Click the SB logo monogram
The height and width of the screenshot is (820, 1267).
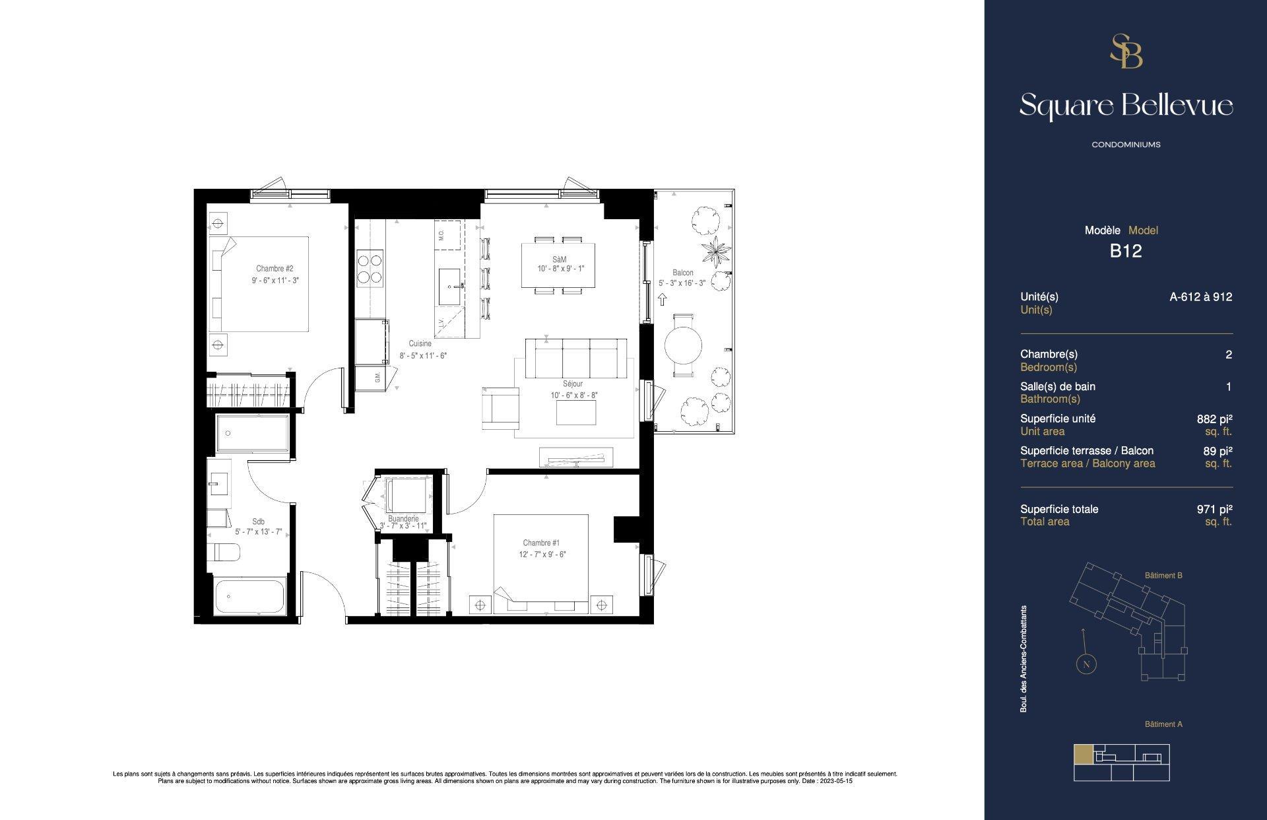click(1126, 51)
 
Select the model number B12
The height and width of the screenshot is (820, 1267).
click(1126, 251)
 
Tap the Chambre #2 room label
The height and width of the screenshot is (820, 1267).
click(275, 269)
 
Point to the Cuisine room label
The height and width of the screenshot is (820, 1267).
click(420, 343)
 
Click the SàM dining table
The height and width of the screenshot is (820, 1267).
click(558, 265)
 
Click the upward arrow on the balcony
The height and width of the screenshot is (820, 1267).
click(663, 300)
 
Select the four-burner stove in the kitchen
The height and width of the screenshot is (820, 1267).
click(370, 269)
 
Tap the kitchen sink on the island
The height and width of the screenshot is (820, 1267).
click(451, 287)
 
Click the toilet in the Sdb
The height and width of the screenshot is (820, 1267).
click(222, 551)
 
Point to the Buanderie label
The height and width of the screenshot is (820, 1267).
click(403, 519)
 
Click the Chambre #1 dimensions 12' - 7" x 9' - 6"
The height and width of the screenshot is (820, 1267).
click(542, 555)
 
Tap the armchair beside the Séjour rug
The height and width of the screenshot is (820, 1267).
click(500, 407)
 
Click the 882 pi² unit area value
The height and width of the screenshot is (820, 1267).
click(1214, 419)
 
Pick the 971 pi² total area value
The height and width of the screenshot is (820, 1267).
click(1214, 509)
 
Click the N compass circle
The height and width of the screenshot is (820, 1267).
click(1086, 664)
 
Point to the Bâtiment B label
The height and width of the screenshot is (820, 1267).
click(1163, 576)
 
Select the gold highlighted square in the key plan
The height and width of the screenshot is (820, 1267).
click(1083, 754)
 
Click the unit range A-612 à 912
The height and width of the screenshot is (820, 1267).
click(1200, 297)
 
